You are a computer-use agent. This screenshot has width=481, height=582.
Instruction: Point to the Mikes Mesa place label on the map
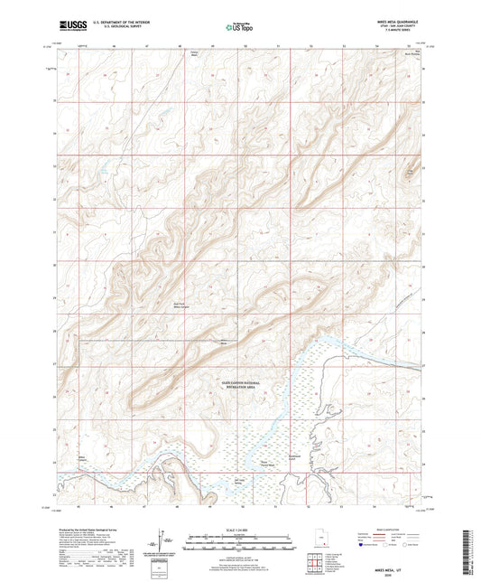pos(224,343)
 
